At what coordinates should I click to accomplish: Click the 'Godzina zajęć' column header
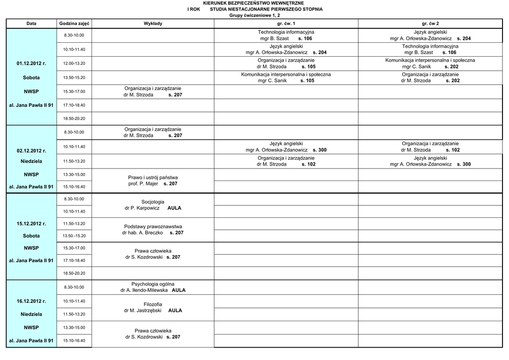point(74,24)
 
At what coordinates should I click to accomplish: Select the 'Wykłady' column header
point(153,24)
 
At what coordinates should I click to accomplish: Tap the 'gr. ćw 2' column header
point(430,24)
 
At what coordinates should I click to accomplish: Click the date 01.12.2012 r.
point(31,64)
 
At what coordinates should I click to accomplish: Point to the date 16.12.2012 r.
point(31,301)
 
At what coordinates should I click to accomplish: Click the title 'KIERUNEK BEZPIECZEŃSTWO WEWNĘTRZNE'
point(254,3)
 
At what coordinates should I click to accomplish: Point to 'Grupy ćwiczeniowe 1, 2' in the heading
point(254,15)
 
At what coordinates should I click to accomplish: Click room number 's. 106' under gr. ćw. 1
point(305,38)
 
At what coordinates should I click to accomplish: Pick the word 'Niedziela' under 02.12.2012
point(31,162)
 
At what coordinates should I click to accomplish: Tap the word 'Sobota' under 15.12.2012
point(31,236)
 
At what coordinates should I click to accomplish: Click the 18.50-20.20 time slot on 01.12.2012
point(74,118)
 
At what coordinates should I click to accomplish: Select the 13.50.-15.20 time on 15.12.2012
point(74,236)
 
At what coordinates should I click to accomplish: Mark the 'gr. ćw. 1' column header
point(286,24)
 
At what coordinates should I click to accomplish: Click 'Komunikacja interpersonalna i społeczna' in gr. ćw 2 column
point(430,60)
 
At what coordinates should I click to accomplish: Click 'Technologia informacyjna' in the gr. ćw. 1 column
point(286,32)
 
